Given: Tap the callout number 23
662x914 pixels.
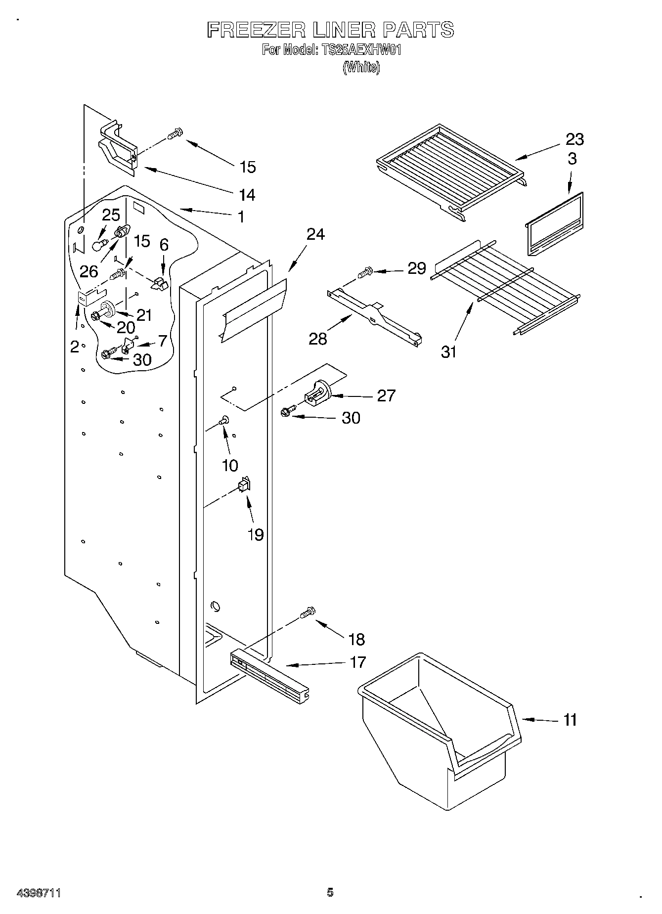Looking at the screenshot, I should pos(574,139).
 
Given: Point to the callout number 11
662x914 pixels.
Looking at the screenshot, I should pos(570,720).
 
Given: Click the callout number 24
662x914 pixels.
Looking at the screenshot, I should pos(315,234).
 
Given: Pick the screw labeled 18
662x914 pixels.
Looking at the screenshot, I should pos(307,612).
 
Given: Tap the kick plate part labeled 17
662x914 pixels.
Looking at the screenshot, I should pos(269,675).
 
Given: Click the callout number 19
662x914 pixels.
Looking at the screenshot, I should pos(255,534).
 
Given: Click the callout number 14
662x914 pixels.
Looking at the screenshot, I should pos(247,195).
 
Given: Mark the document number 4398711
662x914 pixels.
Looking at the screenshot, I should pos(39,893).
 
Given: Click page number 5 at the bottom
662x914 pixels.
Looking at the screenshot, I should pos(330,892).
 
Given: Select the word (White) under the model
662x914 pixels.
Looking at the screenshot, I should pos(361,67).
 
